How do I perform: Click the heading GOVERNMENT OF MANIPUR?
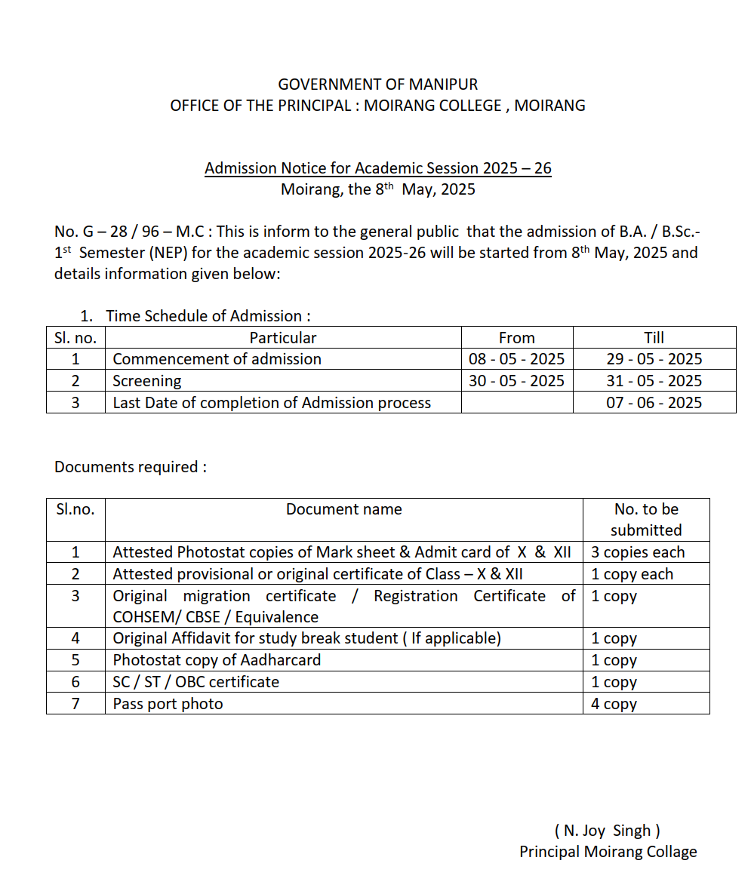(377, 84)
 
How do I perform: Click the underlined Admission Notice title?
(377, 167)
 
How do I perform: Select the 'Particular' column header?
(283, 338)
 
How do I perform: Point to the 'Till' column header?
(654, 338)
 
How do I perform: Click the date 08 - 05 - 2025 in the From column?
(516, 359)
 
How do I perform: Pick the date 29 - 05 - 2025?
(654, 359)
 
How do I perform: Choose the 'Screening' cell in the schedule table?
(147, 381)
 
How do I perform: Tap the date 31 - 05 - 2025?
(654, 381)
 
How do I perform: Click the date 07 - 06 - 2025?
(654, 403)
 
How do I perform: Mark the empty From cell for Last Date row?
(517, 403)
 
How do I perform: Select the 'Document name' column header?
(343, 510)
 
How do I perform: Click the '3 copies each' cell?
(638, 552)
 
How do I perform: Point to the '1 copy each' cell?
(632, 574)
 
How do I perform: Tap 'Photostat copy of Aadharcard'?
(217, 660)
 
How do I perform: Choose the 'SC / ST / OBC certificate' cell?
(196, 682)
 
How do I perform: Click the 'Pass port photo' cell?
(168, 704)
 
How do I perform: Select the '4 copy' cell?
(614, 704)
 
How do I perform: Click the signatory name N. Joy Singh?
(608, 831)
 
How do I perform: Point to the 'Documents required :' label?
(131, 467)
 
